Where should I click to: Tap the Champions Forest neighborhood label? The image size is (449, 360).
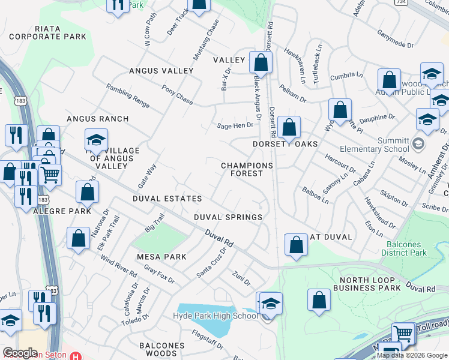pos(247,169)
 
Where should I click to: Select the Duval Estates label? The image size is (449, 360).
pos(167,199)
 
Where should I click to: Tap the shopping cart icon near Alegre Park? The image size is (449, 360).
pos(50,175)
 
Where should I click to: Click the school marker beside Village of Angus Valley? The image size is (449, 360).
pos(96,140)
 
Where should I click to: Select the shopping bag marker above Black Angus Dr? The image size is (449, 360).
pos(261,62)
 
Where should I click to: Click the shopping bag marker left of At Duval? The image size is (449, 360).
pos(295,245)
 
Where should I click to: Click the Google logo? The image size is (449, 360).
pos(20,353)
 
